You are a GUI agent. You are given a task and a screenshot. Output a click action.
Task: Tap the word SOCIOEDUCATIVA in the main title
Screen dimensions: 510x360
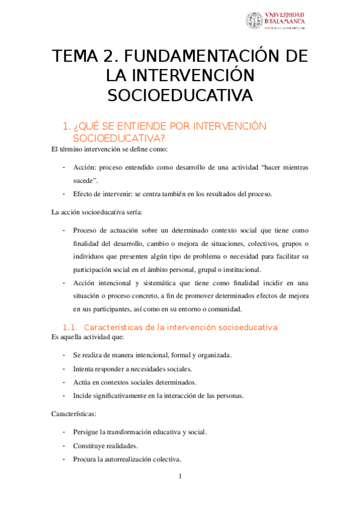coord(180,96)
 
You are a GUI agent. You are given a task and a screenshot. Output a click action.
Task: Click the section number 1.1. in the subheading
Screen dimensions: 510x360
coord(71,328)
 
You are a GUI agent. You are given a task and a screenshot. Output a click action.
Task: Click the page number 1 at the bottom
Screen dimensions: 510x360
coord(180,477)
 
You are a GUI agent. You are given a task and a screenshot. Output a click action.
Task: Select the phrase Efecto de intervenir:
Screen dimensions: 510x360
coord(106,194)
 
